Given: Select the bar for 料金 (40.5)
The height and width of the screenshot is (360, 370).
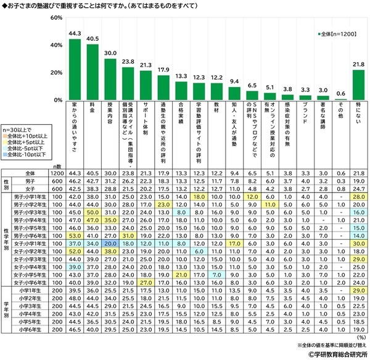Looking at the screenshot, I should tap(92, 72).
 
